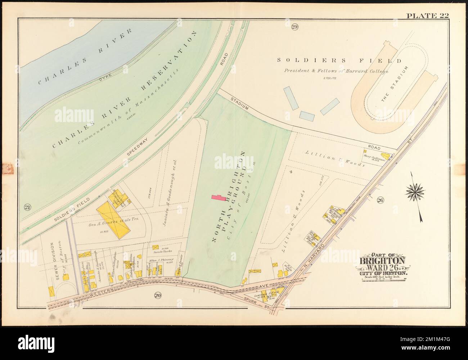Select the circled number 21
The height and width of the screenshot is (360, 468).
[27, 207]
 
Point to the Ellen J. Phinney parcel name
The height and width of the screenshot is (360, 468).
[162, 259]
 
